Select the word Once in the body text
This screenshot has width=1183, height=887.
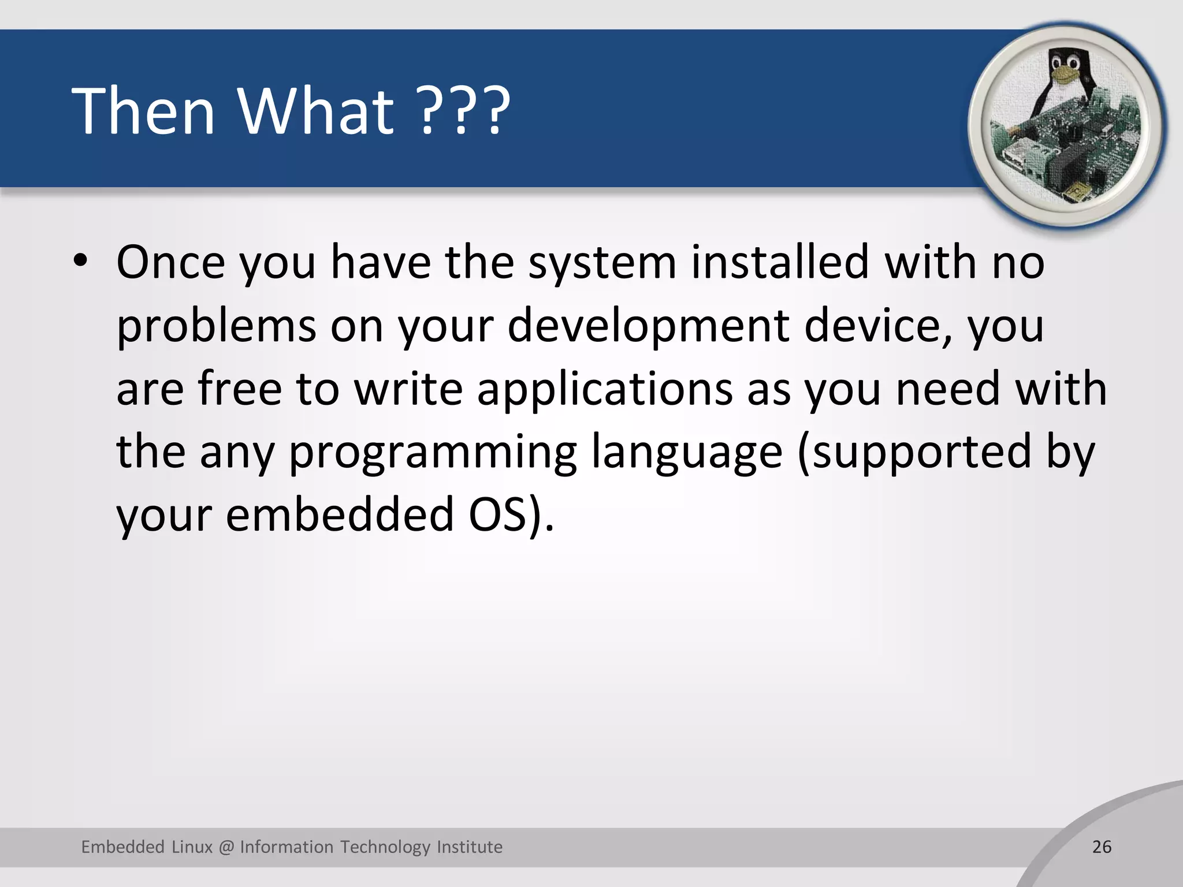point(170,263)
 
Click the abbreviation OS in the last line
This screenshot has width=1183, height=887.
point(497,515)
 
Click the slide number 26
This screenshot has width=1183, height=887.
point(1102,847)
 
